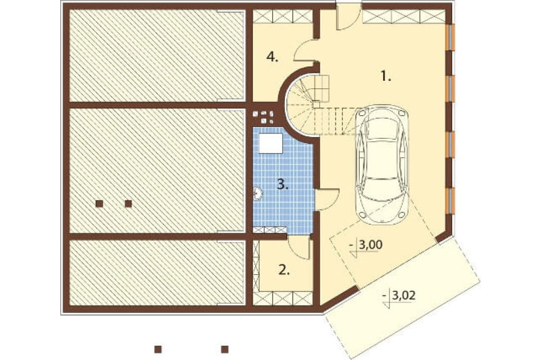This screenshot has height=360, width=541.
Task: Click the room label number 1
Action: (x=386, y=76)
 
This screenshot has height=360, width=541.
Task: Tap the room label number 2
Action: (x=284, y=270)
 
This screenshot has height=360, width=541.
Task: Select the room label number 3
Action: (x=283, y=185)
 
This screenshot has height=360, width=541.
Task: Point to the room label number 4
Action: (x=272, y=56)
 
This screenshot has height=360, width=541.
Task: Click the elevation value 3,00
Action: (x=370, y=245)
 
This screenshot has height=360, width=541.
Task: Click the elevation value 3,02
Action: (x=404, y=295)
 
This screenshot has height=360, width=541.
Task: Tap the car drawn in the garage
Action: (x=382, y=164)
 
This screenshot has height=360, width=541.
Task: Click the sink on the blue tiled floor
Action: (x=257, y=194)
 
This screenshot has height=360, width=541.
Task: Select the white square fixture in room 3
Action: (x=271, y=143)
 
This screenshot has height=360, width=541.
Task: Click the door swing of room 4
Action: (x=305, y=51)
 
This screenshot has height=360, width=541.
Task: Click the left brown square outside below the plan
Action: (x=158, y=349)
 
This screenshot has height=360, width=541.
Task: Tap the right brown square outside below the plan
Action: (x=225, y=349)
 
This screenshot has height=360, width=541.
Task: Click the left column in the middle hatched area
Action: (x=99, y=203)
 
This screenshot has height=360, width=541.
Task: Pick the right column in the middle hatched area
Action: (x=128, y=203)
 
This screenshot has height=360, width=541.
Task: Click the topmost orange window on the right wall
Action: (x=450, y=37)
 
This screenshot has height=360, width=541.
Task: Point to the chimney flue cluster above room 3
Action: (x=264, y=117)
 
